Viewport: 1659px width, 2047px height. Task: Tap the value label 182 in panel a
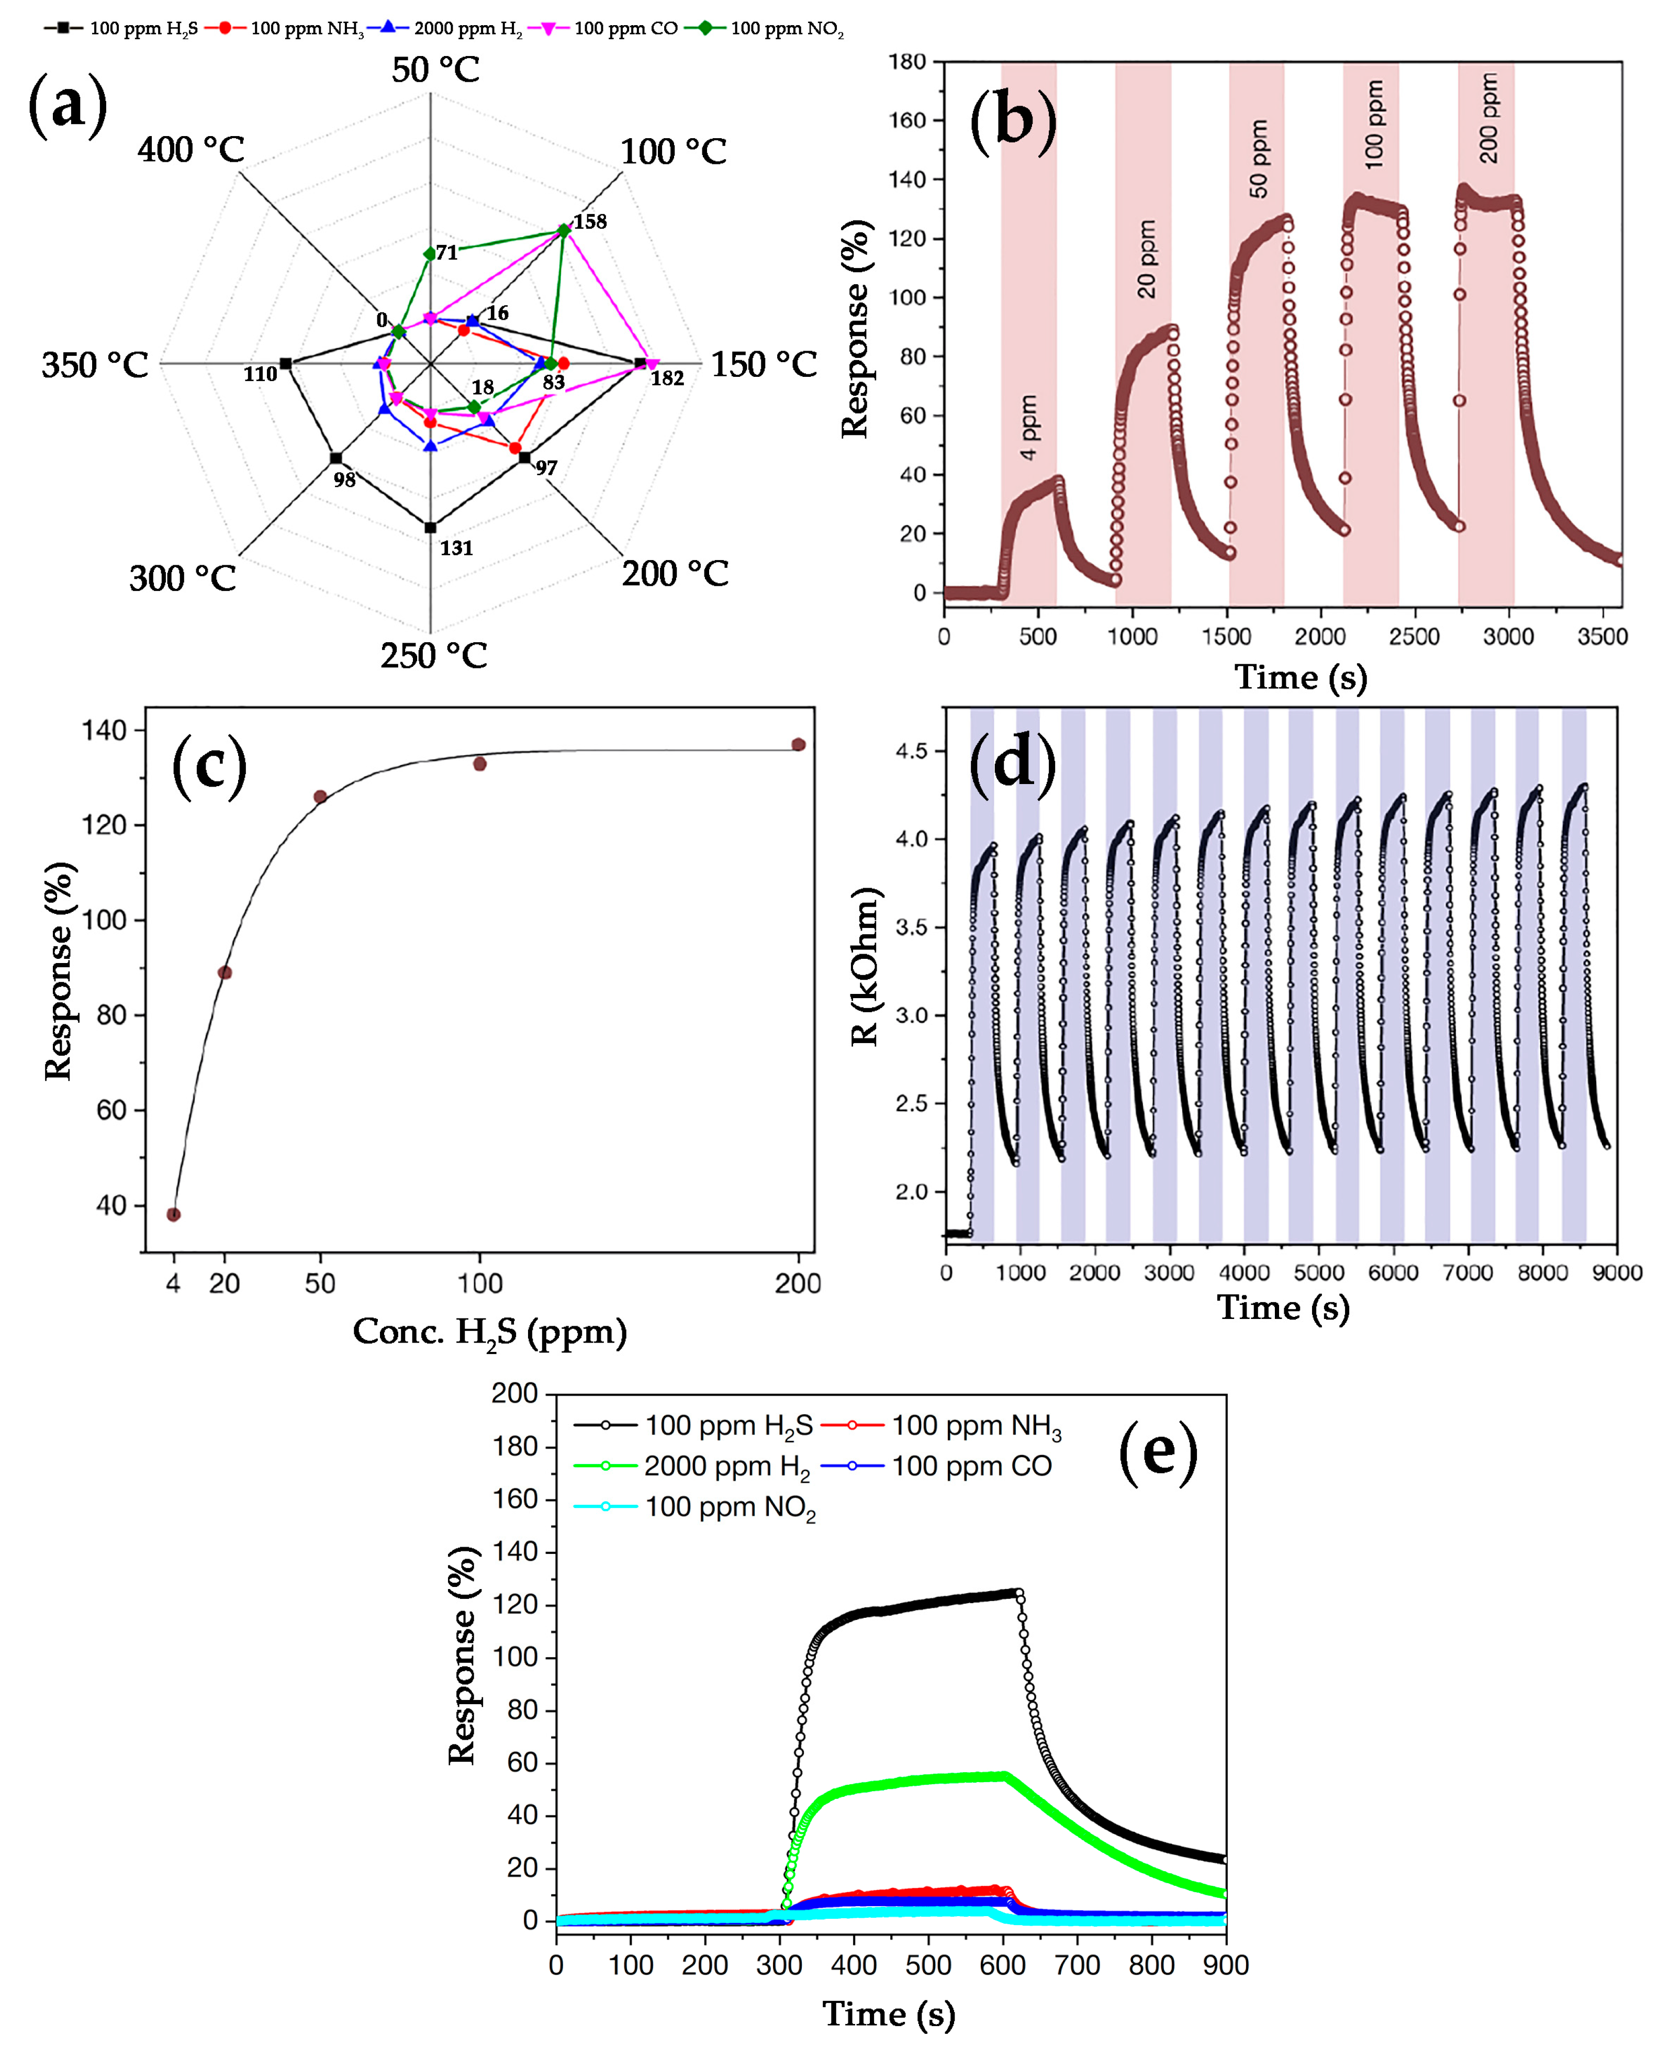(x=667, y=378)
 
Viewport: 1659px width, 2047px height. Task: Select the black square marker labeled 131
(x=430, y=528)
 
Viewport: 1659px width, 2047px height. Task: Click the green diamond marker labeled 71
(x=430, y=253)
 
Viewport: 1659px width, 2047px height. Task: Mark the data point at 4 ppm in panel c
(x=173, y=1215)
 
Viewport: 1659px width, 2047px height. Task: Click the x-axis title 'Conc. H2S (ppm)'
(x=489, y=1332)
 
